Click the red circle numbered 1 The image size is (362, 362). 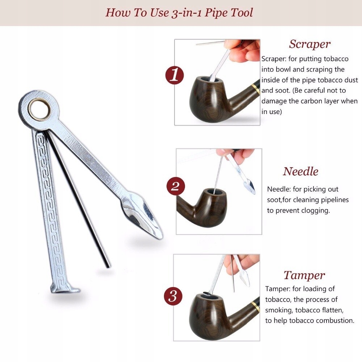(x=174, y=76)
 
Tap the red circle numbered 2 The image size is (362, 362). (x=176, y=186)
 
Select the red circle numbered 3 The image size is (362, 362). (x=173, y=296)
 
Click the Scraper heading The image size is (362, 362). (x=310, y=44)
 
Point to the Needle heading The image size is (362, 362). (x=300, y=171)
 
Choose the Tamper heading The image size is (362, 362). (x=304, y=275)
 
